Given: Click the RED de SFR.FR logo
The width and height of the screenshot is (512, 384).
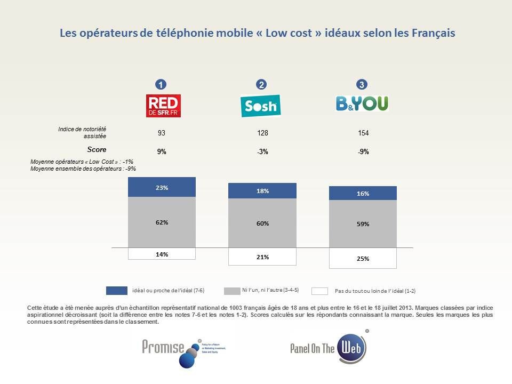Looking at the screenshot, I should point(163,106).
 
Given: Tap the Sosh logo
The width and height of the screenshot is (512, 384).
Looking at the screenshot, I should point(260,106).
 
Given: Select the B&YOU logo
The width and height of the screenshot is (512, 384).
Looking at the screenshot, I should point(362,103).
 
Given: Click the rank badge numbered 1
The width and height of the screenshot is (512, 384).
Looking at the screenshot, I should point(160,84).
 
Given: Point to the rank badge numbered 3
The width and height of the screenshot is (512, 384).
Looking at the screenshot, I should point(362,84).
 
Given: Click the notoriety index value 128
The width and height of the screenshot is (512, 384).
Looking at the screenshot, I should point(262,133).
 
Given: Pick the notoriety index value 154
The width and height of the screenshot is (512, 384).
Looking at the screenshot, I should point(363,133).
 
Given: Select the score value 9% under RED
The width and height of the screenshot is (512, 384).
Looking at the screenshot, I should point(162,151).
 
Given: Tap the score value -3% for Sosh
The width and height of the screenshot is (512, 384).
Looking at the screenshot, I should point(262,151).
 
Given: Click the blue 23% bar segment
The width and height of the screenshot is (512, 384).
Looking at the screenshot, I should point(162,187).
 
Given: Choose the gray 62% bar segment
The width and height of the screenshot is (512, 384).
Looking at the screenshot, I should point(162,222).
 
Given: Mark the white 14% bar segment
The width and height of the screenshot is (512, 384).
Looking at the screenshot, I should point(162,254).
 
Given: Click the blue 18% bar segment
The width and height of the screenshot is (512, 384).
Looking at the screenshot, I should point(262,191).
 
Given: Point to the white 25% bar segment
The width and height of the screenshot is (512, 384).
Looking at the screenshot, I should point(363,258).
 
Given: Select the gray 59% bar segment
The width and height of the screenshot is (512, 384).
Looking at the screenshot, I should point(363,224).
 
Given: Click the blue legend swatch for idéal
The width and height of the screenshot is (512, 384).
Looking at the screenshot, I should point(116,291).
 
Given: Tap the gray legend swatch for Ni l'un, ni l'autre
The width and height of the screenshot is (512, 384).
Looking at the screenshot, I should point(232,291).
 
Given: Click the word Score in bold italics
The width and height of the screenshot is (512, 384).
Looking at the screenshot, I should point(97,149).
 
